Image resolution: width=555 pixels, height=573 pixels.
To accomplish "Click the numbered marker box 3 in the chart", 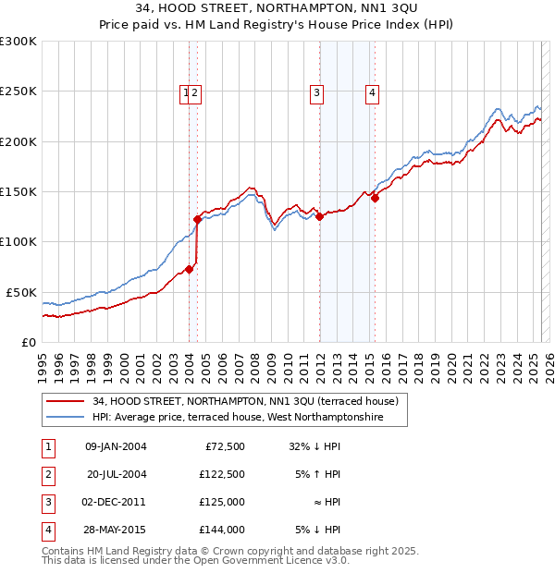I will [316, 91].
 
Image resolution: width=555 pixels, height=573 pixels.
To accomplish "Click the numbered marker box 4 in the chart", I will [372, 91].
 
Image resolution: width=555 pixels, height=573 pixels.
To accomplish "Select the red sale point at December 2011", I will [319, 217].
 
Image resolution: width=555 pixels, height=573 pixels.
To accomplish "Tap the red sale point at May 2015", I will [375, 198].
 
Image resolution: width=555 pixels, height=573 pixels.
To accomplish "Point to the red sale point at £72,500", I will [189, 269].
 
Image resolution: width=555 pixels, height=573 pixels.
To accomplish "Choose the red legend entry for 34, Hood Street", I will [244, 401].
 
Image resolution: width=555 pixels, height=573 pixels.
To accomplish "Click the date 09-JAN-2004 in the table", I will [116, 446].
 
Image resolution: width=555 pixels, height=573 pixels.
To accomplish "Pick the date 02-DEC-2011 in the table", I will [115, 502].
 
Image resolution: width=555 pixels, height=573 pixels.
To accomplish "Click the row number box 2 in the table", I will [47, 474].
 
